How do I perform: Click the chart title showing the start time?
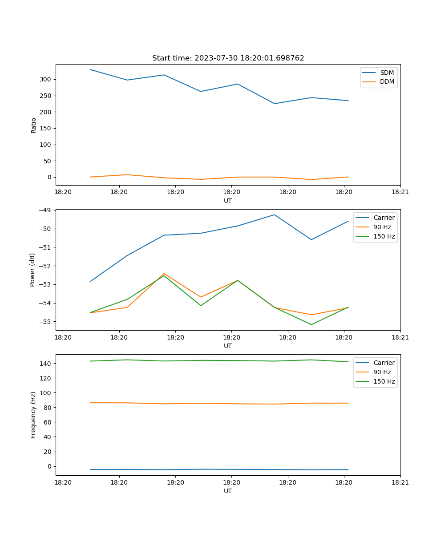[228, 58]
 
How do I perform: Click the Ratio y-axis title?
[34, 125]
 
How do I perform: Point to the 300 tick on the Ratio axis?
[47, 79]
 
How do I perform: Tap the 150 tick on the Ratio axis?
[47, 128]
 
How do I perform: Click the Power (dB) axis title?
[32, 270]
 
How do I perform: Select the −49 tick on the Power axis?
[45, 210]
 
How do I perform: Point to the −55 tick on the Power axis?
[45, 322]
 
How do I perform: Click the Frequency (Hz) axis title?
[33, 415]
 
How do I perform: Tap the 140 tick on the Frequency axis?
[47, 364]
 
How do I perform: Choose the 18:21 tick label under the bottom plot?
[400, 481]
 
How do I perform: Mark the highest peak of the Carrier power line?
[274, 215]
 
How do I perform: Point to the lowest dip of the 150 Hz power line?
[311, 324]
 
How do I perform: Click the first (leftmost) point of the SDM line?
[90, 69]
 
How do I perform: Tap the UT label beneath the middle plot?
[228, 346]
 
